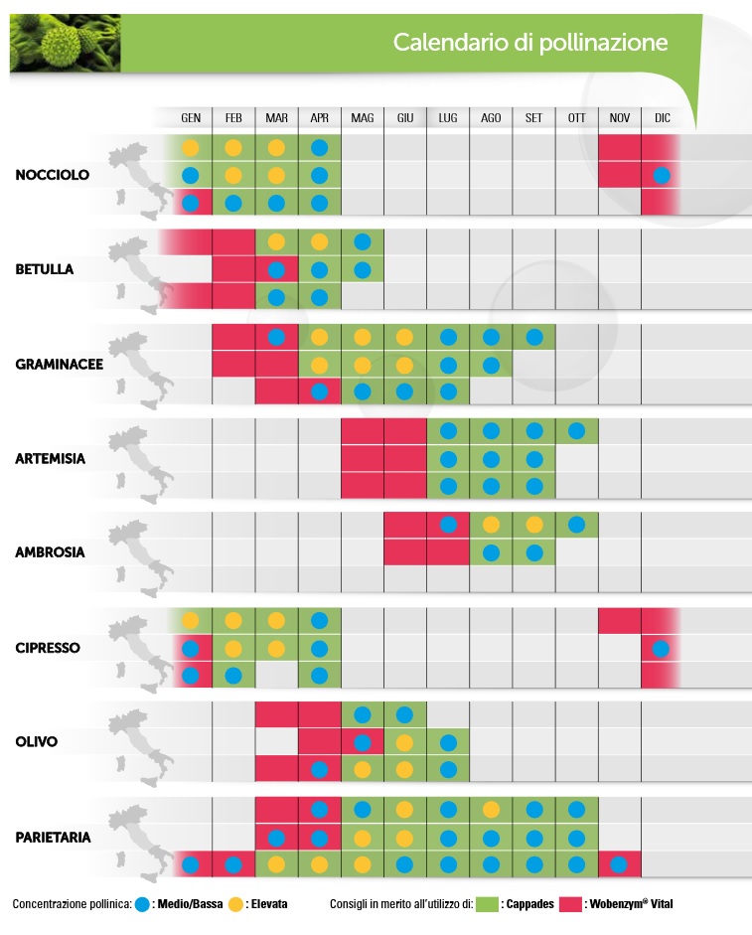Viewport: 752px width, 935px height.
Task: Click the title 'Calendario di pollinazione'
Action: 530,43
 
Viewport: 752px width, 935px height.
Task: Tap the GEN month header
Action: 191,118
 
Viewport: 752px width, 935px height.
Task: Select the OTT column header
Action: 577,118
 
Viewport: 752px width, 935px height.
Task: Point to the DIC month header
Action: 663,118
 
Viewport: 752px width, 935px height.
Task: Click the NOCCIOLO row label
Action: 53,175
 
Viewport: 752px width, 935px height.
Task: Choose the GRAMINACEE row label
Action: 59,364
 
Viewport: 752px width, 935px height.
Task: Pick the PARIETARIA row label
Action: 53,838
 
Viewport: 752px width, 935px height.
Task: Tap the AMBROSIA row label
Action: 50,552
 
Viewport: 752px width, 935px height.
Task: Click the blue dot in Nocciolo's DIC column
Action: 662,175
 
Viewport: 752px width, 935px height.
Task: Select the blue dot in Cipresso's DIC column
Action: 661,648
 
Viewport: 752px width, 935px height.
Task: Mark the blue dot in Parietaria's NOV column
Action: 619,864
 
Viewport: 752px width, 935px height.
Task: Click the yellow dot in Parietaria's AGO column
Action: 491,810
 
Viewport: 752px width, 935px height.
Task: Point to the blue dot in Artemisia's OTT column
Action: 577,430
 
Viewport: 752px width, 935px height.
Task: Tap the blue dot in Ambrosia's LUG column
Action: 448,525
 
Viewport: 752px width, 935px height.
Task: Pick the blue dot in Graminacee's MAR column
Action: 276,337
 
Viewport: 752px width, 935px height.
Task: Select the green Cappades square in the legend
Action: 487,904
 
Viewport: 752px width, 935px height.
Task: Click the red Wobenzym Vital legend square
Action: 571,904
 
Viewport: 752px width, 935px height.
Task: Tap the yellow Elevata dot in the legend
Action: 235,904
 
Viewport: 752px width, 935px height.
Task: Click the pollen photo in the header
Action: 65,43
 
